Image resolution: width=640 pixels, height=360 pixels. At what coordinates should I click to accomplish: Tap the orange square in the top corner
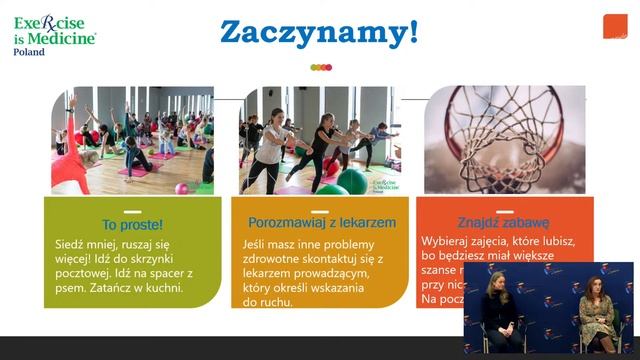point(614,27)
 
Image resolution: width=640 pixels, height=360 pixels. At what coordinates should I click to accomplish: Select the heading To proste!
point(132,224)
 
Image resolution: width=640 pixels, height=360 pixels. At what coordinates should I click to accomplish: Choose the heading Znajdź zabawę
point(504,222)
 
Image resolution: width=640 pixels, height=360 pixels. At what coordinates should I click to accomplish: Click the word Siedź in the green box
point(70,244)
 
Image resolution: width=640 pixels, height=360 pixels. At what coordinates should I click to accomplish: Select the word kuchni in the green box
point(164,288)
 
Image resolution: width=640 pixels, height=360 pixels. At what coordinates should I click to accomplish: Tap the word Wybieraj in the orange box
point(446,242)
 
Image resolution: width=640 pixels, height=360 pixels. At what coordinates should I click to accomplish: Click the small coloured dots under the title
point(320,67)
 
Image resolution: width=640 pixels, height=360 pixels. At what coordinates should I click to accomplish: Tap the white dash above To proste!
point(132,211)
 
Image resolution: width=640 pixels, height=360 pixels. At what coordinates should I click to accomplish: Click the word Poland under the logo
point(29,52)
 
